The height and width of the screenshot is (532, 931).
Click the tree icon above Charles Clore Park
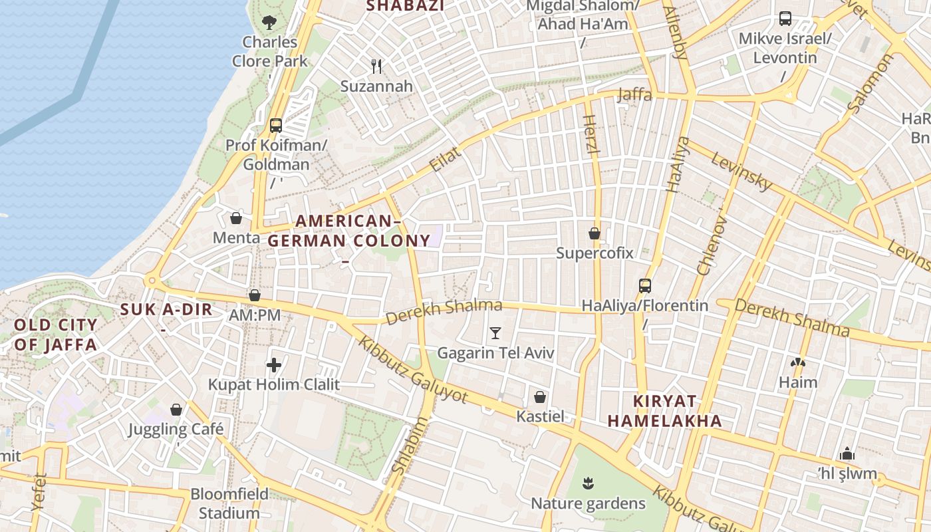[269, 23]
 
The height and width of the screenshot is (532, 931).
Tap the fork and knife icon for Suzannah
[376, 66]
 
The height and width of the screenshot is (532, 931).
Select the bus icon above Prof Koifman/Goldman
[276, 126]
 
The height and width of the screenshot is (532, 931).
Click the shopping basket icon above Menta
[236, 217]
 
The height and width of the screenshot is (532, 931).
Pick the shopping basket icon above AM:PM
[255, 295]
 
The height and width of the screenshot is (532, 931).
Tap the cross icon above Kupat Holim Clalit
[273, 364]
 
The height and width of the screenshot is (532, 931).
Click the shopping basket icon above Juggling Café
[176, 410]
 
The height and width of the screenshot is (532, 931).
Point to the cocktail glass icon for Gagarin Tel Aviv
[495, 332]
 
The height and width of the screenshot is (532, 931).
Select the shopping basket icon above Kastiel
[540, 397]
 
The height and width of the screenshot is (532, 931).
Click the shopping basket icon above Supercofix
[595, 233]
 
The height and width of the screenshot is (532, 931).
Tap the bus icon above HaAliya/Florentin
[644, 286]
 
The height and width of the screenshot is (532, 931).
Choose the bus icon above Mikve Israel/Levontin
[785, 19]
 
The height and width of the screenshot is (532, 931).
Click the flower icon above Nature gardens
[588, 483]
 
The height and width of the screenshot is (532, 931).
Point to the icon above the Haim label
[797, 363]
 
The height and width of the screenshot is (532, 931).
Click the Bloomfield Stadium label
[229, 503]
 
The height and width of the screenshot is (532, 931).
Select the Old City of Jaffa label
[55, 334]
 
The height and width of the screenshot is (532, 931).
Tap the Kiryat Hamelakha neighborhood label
[664, 411]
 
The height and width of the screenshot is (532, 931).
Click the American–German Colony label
[349, 231]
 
